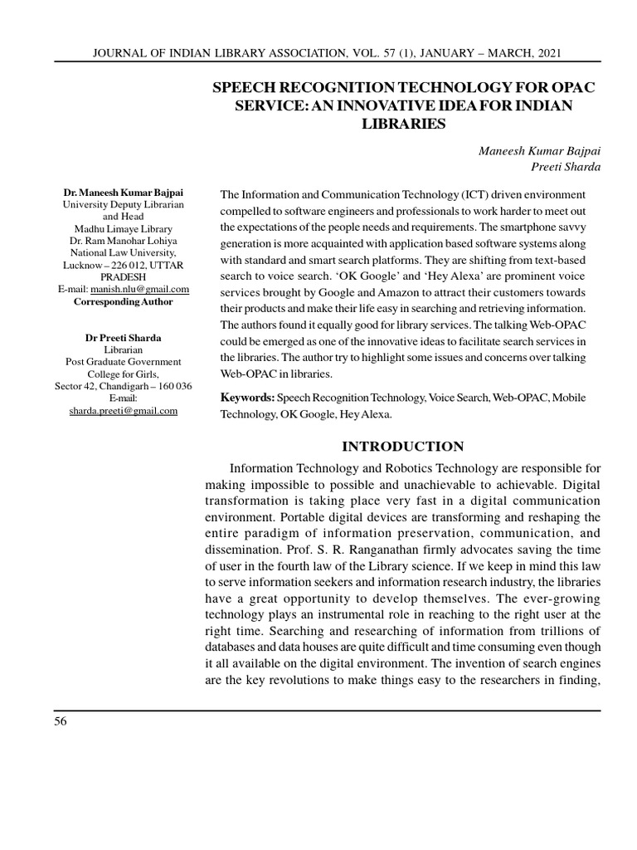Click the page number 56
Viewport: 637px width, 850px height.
61,721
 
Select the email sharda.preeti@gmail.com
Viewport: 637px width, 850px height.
124,410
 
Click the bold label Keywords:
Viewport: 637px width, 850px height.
247,398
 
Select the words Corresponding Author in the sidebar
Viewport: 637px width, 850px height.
124,301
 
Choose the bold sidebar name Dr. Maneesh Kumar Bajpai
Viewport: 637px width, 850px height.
124,193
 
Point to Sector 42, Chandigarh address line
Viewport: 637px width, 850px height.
124,386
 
